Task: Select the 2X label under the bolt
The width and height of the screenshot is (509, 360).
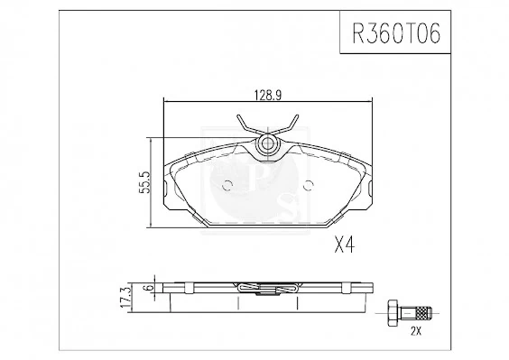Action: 415,331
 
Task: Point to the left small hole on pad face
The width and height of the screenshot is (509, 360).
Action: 227,187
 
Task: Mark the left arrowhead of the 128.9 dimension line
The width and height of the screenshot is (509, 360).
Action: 165,101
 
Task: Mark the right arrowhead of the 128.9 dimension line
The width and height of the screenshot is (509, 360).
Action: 368,101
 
